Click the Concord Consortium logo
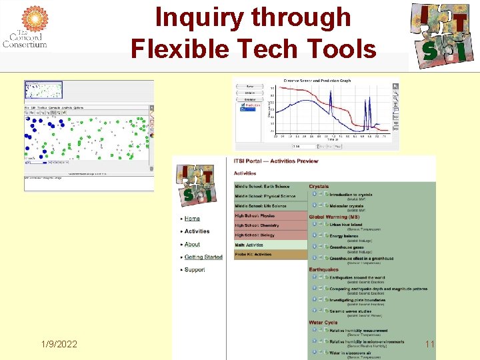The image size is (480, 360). click(x=25, y=27)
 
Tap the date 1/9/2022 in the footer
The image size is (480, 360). click(x=59, y=344)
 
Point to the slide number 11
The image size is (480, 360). click(x=429, y=344)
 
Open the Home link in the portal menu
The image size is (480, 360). click(x=192, y=219)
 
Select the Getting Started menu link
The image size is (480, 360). click(x=203, y=257)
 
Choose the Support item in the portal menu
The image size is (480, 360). click(x=195, y=270)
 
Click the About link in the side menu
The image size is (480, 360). click(x=192, y=244)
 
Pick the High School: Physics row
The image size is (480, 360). click(x=255, y=216)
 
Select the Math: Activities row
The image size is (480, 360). click(x=250, y=245)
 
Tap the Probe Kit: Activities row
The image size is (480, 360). click(x=253, y=254)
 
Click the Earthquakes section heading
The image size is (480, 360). click(x=323, y=270)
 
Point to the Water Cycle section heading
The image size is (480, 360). click(x=323, y=323)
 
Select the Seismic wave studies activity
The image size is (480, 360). click(x=351, y=311)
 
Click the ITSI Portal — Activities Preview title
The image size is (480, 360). click(x=276, y=161)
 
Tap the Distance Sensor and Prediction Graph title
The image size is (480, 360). click(x=317, y=81)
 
